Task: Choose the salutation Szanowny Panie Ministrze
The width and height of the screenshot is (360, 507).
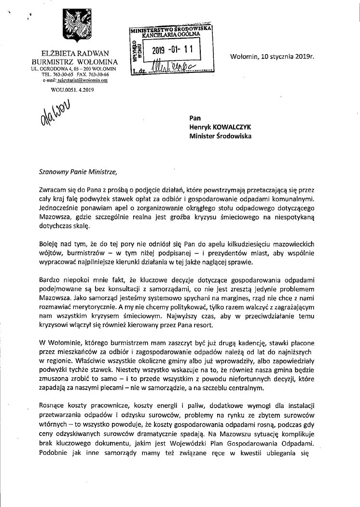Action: point(79,170)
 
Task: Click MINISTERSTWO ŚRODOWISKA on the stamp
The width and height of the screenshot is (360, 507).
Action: point(171,30)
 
